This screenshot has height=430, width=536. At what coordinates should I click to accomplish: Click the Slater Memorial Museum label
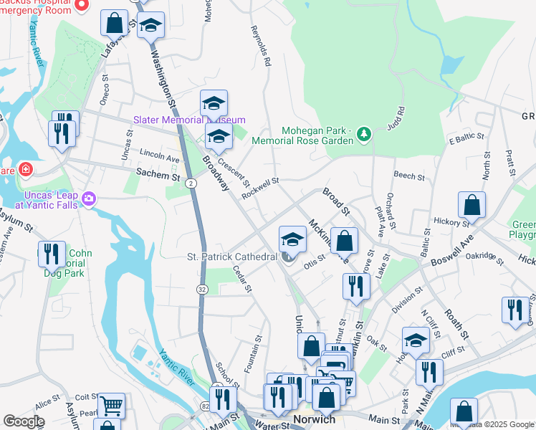[x=189, y=120]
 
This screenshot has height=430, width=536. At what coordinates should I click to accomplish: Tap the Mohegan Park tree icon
[x=364, y=134]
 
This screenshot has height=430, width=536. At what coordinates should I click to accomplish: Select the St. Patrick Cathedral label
[x=231, y=257]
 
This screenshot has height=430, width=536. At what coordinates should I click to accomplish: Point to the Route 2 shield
[x=191, y=184]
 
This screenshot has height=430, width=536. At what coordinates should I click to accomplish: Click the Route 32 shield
[x=203, y=289]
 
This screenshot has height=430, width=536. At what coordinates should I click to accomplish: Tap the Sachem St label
[x=158, y=175]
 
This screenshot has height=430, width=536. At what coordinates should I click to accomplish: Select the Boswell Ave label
[x=450, y=249]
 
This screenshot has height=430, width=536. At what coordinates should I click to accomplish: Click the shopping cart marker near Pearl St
[x=112, y=406]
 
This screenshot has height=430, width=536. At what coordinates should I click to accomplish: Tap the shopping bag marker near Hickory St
[x=472, y=205]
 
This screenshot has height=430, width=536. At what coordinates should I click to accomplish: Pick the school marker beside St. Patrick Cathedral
[x=292, y=239]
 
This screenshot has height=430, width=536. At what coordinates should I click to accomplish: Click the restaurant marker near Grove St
[x=356, y=286]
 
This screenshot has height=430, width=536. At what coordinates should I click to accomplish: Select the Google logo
[x=24, y=421]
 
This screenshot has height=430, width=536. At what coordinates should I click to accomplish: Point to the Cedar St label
[x=242, y=279]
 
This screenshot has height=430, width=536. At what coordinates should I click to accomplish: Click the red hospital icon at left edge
[x=26, y=170]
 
